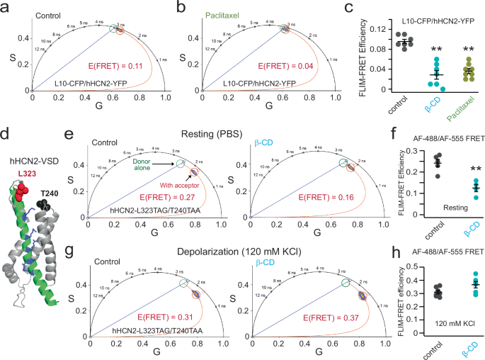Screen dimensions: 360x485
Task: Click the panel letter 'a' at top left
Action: click(6, 6)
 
